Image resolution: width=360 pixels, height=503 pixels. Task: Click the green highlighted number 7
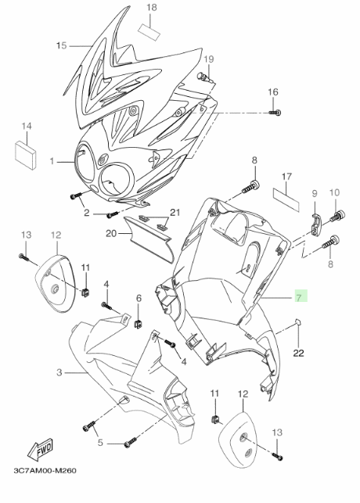(x=299, y=296)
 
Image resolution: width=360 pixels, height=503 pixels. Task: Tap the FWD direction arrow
(x=41, y=450)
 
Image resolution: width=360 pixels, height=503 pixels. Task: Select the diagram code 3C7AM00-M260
(x=45, y=471)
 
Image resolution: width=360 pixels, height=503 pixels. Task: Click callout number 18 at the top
(x=152, y=8)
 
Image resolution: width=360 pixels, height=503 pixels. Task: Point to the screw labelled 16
(x=275, y=113)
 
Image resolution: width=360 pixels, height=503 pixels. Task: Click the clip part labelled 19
(x=205, y=77)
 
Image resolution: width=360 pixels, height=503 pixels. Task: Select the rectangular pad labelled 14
(x=26, y=155)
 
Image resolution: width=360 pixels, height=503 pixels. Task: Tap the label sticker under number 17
(x=286, y=199)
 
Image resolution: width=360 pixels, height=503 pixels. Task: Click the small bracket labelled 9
(x=316, y=224)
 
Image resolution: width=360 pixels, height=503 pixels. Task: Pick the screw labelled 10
(x=337, y=216)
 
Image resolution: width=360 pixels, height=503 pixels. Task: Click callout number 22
(x=298, y=353)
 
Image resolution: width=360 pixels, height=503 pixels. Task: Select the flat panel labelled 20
(x=148, y=239)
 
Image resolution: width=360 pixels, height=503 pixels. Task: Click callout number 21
(x=175, y=212)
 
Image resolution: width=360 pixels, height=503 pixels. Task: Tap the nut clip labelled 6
(x=138, y=324)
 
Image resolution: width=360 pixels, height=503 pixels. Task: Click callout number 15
(x=61, y=46)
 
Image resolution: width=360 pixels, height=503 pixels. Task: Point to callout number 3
(x=59, y=372)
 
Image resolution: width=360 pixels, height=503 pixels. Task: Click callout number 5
(x=100, y=443)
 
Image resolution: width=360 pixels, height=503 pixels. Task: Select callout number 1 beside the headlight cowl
(x=52, y=161)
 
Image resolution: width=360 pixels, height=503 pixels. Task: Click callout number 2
(x=86, y=212)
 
